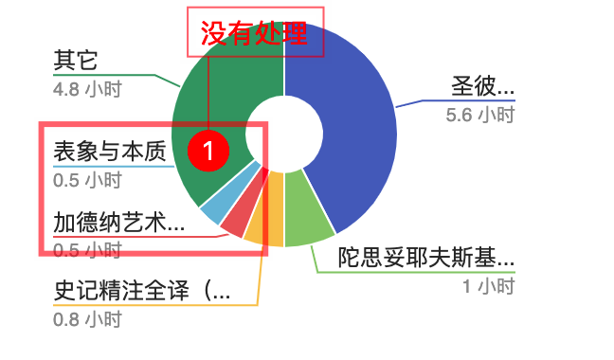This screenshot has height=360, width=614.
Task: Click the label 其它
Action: (76, 62)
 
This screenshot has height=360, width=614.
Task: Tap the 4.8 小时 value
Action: (87, 90)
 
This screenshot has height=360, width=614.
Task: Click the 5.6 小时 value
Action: (479, 116)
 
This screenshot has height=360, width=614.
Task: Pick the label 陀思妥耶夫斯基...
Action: (426, 258)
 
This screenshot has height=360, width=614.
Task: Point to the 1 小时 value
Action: (488, 286)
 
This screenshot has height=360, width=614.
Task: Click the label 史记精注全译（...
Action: (142, 291)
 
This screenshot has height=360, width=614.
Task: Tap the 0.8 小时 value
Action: (87, 319)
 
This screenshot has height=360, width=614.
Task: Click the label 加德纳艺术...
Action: (118, 223)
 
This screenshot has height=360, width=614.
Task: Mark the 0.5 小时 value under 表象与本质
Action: (87, 180)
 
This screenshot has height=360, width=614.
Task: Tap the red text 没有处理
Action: (254, 34)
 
